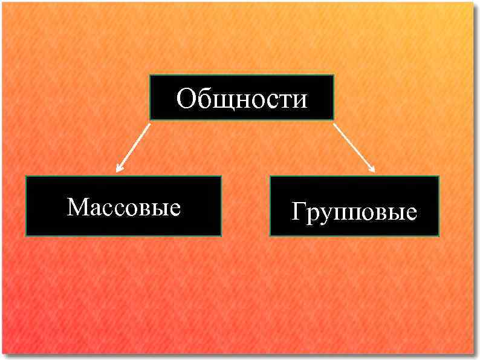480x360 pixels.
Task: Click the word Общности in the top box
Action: (241, 98)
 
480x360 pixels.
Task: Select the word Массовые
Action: (124, 207)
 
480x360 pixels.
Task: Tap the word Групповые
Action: (354, 212)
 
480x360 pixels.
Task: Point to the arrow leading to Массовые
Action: (134, 147)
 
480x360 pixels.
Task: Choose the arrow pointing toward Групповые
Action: (354, 147)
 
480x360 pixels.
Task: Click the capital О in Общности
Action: (186, 98)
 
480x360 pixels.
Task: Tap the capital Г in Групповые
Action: (297, 212)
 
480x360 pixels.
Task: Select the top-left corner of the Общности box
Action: (150, 75)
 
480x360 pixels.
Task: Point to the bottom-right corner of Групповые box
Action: (439, 236)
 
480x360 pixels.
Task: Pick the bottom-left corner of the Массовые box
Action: (25, 235)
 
